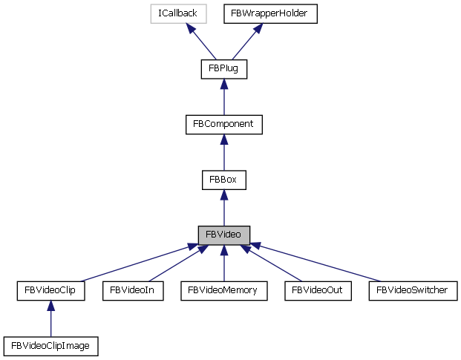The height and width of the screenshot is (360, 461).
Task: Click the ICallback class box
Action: coord(177,13)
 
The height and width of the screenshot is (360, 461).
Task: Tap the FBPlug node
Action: coord(223,69)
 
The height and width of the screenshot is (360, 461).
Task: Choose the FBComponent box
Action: coord(223,124)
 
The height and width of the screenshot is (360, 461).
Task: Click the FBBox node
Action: coord(223,179)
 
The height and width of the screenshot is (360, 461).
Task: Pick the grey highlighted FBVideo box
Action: coord(223,235)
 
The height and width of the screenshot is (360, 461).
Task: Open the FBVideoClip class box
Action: coord(50,290)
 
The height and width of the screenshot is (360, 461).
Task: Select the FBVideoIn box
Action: coord(132,290)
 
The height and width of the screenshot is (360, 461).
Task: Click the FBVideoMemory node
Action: coord(223,290)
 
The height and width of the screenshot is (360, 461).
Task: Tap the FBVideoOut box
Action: coord(317,290)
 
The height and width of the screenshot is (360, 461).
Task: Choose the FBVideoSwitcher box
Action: coord(412,290)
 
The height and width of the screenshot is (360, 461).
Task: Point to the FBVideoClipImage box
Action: coord(50,345)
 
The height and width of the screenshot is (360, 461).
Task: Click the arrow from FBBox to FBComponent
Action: coord(223,153)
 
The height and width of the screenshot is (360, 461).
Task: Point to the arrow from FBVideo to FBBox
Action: coord(223,209)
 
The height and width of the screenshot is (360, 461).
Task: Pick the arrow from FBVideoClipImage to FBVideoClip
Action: coord(50,319)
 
